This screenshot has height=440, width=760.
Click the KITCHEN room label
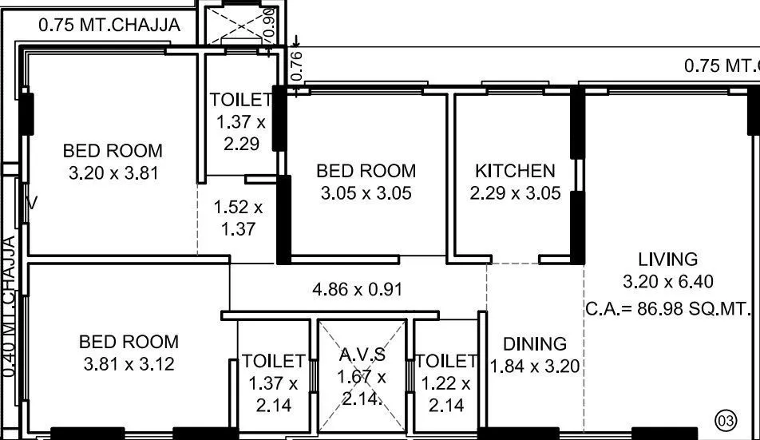(514, 171)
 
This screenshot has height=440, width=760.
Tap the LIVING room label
(667, 259)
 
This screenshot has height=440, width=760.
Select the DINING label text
(535, 344)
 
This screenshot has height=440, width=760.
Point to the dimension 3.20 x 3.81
(113, 172)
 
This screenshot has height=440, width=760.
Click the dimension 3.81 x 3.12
(129, 364)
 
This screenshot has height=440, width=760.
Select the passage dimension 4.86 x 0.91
(356, 289)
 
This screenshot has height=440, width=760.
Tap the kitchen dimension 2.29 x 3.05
(515, 193)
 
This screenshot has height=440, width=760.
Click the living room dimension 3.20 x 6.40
(667, 281)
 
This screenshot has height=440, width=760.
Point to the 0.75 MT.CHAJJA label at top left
(109, 26)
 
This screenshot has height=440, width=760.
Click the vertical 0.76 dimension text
(296, 66)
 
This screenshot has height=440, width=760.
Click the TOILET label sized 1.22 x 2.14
(445, 361)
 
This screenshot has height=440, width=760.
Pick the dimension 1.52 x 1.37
(237, 218)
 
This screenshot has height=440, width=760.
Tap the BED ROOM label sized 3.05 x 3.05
(366, 171)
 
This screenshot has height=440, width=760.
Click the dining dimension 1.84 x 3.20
(534, 367)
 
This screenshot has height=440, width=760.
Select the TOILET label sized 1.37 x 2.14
(273, 361)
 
